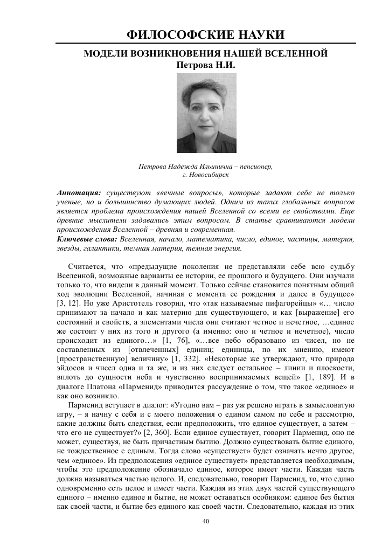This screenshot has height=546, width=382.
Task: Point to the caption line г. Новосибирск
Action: [x=206, y=175]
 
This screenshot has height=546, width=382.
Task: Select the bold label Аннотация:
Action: [x=79, y=192]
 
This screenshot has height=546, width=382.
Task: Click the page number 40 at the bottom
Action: [x=205, y=521]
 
